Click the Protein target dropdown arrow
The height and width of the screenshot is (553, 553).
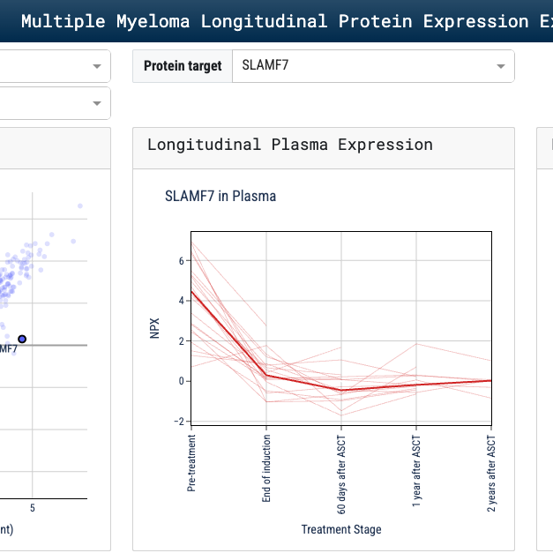click(x=501, y=66)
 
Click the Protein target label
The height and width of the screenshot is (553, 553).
click(x=183, y=66)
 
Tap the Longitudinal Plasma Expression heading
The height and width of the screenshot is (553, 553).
click(x=290, y=145)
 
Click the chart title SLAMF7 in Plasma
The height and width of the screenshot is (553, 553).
click(x=220, y=196)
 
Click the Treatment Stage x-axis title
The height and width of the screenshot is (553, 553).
click(x=341, y=529)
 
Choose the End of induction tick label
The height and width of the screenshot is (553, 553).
click(x=266, y=467)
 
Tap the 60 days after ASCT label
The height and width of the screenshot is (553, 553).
click(x=341, y=473)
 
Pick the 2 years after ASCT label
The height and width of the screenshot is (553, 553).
click(x=491, y=472)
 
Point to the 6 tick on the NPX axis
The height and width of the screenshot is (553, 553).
click(x=181, y=261)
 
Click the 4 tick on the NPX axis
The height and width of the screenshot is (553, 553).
click(x=181, y=301)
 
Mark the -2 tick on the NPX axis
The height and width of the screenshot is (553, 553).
click(x=179, y=421)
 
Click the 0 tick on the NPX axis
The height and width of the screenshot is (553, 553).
click(x=181, y=381)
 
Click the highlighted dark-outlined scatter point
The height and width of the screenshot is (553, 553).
click(x=22, y=339)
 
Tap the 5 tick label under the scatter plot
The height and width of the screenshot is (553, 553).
click(x=33, y=508)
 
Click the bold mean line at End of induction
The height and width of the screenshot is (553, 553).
click(x=266, y=375)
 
